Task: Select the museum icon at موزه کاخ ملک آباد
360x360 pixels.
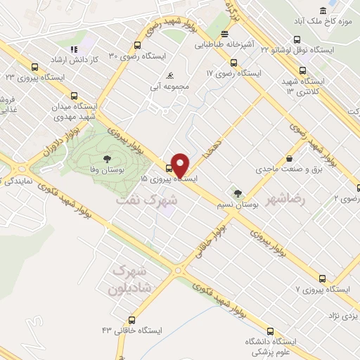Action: point(323,11)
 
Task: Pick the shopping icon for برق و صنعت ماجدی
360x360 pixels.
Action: point(289,158)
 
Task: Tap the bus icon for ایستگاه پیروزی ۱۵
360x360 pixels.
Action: point(168,167)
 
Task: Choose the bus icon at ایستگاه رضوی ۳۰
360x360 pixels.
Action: point(113,55)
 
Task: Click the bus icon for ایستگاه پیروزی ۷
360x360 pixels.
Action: point(322,278)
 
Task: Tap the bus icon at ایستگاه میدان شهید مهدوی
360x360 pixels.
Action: point(75,96)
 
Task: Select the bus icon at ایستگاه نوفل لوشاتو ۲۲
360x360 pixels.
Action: point(302,70)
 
